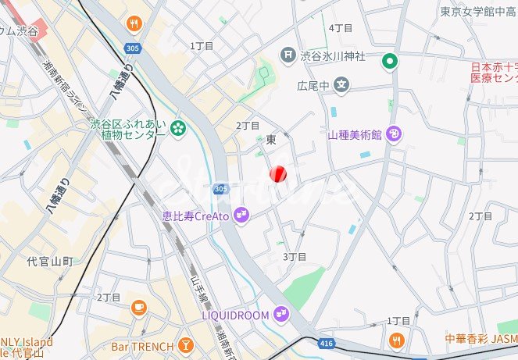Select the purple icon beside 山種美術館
click(395, 134)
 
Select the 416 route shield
click(327, 342)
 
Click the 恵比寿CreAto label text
click(195, 215)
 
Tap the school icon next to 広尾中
click(341, 84)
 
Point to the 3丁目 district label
click(294, 256)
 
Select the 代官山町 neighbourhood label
click(50, 261)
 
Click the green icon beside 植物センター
click(178, 127)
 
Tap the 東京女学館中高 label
click(477, 12)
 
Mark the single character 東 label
click(271, 140)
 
